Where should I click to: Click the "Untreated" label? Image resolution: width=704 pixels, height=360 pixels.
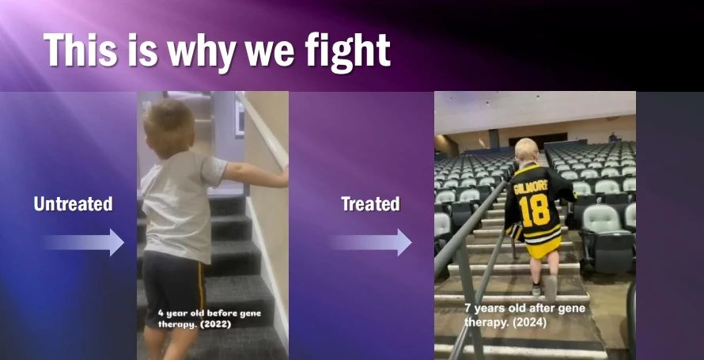(x=74, y=204)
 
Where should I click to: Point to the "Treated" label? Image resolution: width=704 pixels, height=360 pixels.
(x=370, y=204)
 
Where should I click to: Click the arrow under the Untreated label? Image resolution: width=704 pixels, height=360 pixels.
(x=84, y=242)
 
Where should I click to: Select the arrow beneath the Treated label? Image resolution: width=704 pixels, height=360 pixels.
(x=371, y=242)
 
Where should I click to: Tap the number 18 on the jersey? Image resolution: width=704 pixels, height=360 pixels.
(x=534, y=210)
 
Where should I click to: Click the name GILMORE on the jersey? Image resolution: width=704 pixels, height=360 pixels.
(x=531, y=185)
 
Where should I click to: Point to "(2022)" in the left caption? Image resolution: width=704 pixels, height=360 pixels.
(x=215, y=324)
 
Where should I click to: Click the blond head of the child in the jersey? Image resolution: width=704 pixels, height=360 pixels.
(x=527, y=152)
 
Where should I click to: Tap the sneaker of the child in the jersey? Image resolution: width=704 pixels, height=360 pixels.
(x=536, y=290)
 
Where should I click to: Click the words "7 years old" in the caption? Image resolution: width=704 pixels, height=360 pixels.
(x=491, y=309)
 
